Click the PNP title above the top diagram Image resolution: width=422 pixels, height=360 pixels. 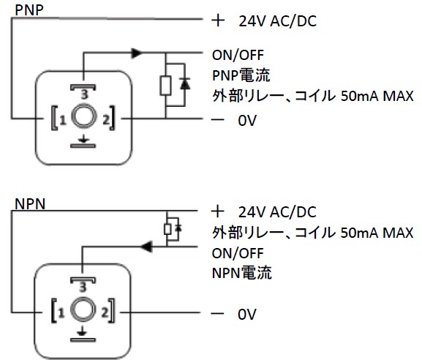coord(29,10)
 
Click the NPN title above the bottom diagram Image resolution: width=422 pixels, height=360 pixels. coord(30,204)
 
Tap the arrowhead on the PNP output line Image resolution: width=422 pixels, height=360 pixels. coord(137,53)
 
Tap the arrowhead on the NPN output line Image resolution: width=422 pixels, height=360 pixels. coord(147,247)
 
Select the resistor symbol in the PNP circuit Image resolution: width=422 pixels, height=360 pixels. coord(165,86)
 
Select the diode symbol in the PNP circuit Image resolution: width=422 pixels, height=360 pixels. coord(185,84)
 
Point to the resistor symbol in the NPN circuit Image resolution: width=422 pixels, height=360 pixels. coord(167,230)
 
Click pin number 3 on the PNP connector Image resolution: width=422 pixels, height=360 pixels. coord(84,94)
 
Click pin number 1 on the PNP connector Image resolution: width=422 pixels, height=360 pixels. coord(63,120)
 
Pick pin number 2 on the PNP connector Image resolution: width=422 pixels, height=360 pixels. coord(106,120)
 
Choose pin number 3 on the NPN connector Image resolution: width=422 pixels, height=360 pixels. coord(83,288)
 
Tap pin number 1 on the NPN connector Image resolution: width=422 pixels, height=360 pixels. coord(61,313)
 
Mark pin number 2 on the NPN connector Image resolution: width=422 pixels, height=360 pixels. coord(105,313)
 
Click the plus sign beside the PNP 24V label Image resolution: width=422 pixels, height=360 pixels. coord(218,20)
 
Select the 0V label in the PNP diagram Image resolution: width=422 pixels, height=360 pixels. coord(247,120)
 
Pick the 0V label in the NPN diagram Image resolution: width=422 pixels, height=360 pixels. coord(247,314)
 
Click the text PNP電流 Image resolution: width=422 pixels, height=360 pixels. coord(241,75)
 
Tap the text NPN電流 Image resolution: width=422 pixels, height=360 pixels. coord(241,273)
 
